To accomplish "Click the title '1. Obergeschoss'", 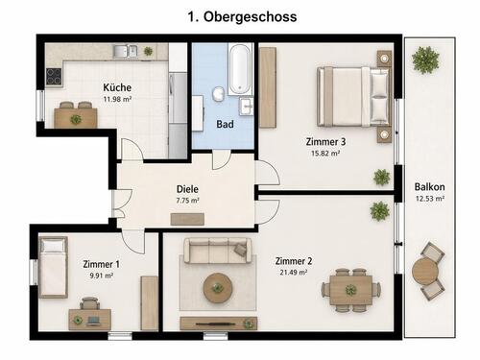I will pos(239,16).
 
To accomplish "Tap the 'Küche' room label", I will pos(118,87).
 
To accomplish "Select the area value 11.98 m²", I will pos(118,100).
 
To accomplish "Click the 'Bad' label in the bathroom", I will pos(225,124).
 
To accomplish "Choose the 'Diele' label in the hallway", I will pos(187,189).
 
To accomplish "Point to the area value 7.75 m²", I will pos(187,202).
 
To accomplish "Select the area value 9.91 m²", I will pos(103,276).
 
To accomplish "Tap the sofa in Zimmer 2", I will pos(216,252).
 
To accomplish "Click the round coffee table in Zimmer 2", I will pos(218,286).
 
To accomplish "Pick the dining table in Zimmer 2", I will pos(350,289).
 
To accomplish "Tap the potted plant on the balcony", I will pos(424,60).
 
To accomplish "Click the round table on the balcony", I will pos(425,272).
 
